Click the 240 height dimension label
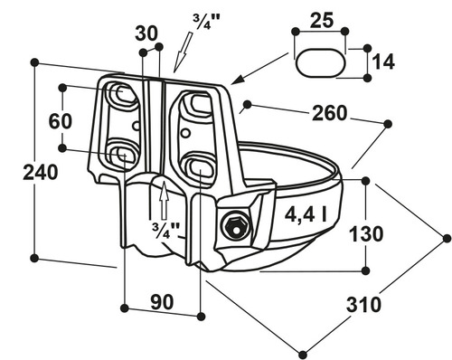[41, 173]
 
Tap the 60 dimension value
[61, 121]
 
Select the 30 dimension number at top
[146, 33]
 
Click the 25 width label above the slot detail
[322, 20]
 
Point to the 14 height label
[383, 62]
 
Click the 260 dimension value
[329, 113]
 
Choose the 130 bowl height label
[366, 233]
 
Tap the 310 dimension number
[364, 305]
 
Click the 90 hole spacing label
[162, 302]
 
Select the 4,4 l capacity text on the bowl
[306, 214]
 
